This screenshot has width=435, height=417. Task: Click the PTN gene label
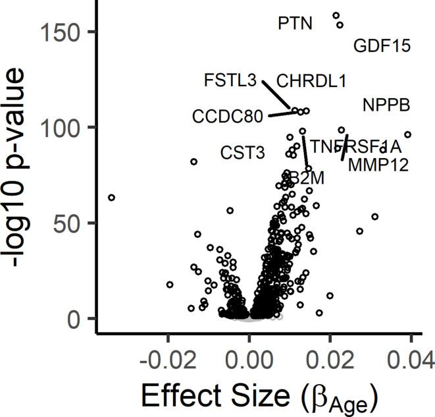click(295, 24)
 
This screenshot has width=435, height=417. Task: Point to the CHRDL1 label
click(311, 81)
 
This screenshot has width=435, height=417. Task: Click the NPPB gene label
click(386, 105)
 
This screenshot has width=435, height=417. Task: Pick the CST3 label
click(242, 153)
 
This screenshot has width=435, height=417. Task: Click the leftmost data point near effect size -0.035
click(111, 198)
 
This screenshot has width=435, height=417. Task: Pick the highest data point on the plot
click(336, 15)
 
